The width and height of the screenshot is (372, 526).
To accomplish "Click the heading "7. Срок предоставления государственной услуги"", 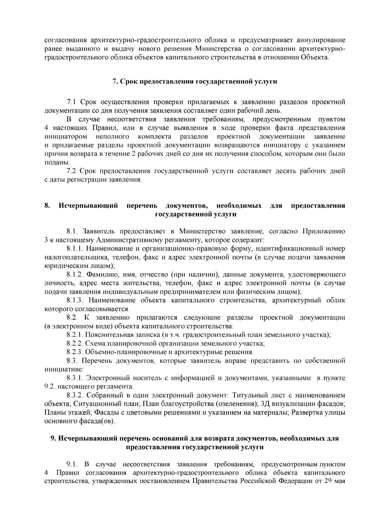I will pyautogui.click(x=194, y=82).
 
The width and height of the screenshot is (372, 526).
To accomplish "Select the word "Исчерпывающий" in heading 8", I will pyautogui.click(x=89, y=206).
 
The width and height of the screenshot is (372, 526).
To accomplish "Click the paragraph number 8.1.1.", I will pyautogui.click(x=75, y=249).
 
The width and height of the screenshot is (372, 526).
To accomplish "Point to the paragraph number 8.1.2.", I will pyautogui.click(x=75, y=274).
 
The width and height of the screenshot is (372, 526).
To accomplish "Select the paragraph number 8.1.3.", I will pyautogui.click(x=75, y=300).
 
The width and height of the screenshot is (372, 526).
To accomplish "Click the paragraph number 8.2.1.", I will pyautogui.click(x=75, y=335).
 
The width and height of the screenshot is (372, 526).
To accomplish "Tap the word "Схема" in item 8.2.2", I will pyautogui.click(x=94, y=343).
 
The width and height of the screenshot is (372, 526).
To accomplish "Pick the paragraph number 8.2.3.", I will pyautogui.click(x=75, y=352).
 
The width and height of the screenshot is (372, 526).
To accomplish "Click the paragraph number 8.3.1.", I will pyautogui.click(x=75, y=378).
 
